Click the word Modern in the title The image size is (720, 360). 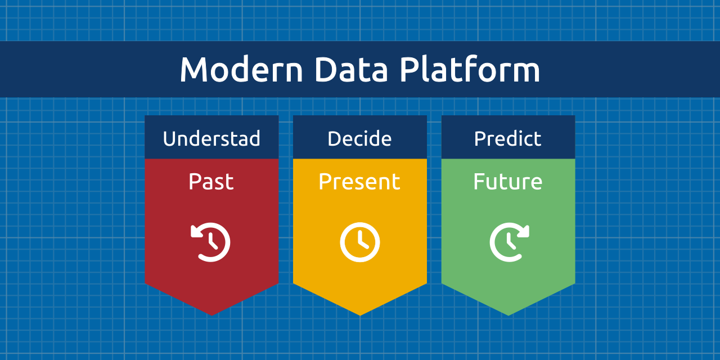(x=241, y=70)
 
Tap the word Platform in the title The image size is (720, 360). (x=470, y=70)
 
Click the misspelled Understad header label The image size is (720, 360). (x=211, y=138)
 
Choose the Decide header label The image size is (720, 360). (x=359, y=138)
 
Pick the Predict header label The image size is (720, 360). (x=508, y=138)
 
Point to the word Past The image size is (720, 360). (x=211, y=182)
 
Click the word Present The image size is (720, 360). (x=359, y=182)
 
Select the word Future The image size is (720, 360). (x=508, y=182)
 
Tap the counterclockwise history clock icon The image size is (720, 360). (x=211, y=242)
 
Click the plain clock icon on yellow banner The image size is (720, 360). (x=360, y=242)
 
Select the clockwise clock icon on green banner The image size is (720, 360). (x=508, y=242)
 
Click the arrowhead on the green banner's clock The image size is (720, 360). (x=523, y=231)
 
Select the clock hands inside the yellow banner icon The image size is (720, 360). (x=362, y=241)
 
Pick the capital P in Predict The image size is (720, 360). (x=480, y=138)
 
